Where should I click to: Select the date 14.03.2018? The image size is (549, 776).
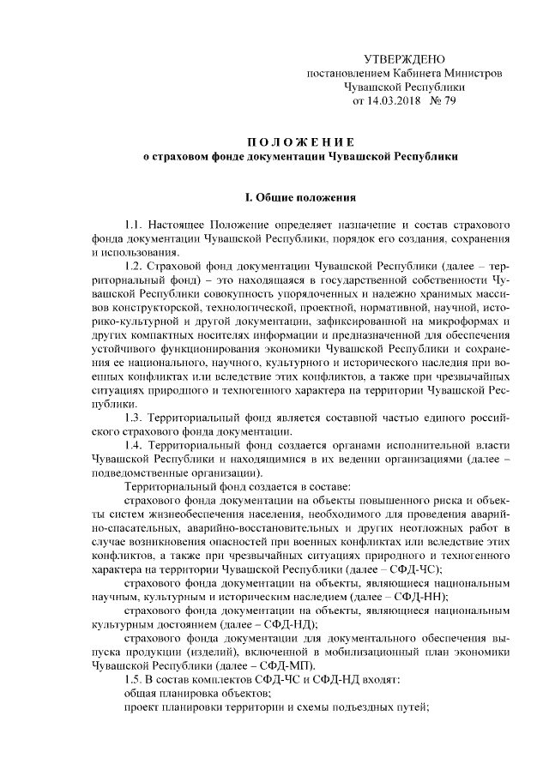[396, 101]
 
